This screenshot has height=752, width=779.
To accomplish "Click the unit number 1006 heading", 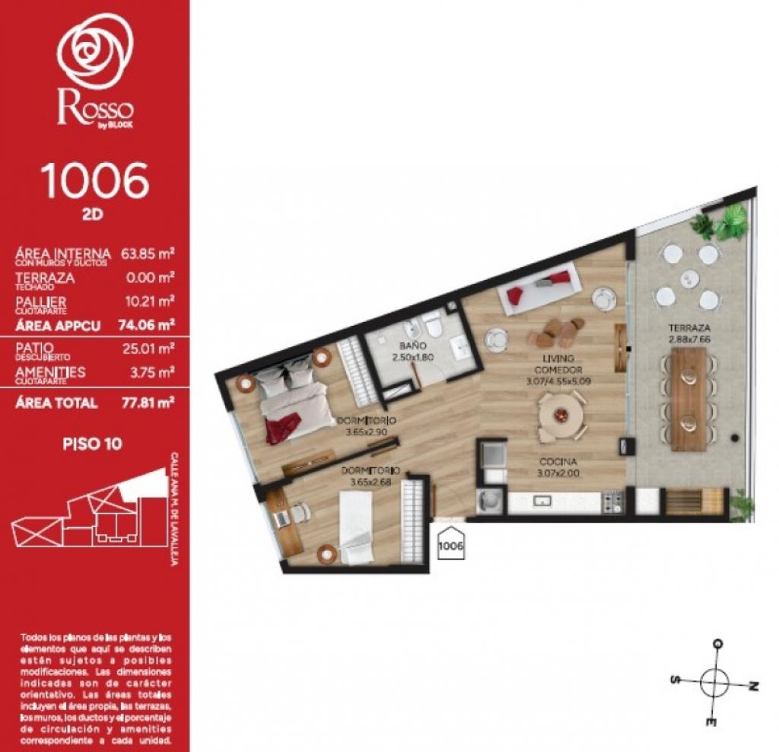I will [94, 180].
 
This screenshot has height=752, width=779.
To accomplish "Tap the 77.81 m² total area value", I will [148, 403].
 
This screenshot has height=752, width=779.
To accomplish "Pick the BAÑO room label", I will [407, 346].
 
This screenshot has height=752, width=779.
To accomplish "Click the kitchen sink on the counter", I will [543, 501].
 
